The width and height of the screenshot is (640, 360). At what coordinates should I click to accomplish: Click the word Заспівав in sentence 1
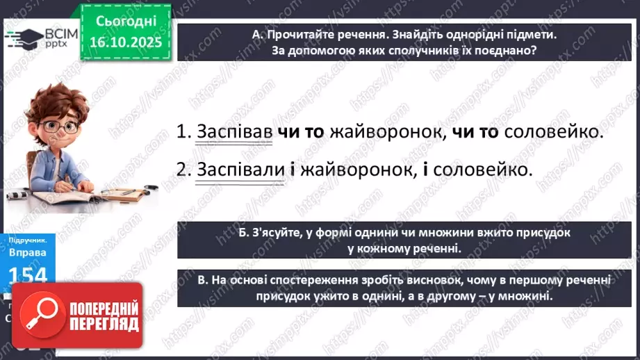[x=234, y=132]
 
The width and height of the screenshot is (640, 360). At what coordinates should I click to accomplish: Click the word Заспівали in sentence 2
[x=240, y=169]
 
